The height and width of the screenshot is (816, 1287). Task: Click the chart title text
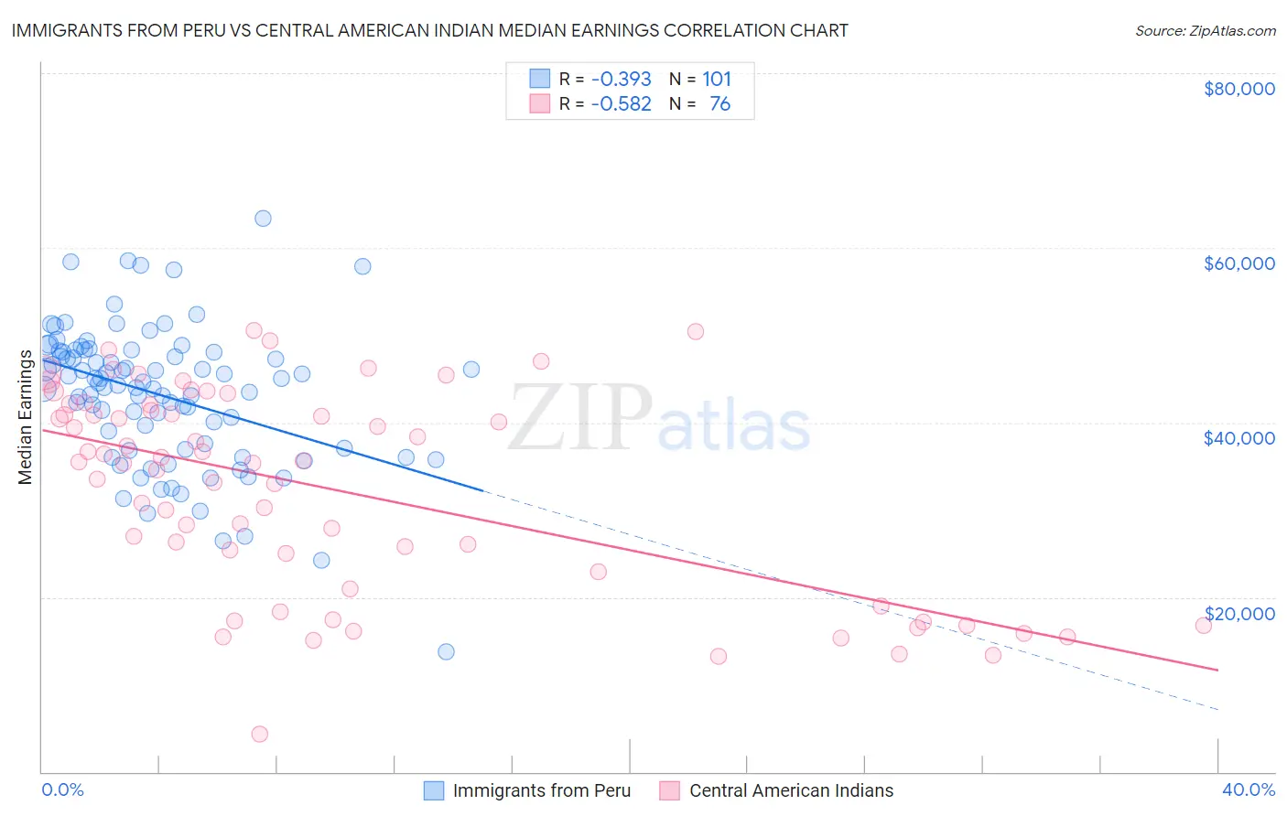pos(429,30)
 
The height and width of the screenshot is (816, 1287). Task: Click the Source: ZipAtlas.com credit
pos(1205,31)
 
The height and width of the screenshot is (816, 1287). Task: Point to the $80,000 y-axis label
pos(1238,89)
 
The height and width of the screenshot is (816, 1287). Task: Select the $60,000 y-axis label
pos(1238,263)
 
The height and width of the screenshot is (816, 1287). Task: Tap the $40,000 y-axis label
pos(1238,438)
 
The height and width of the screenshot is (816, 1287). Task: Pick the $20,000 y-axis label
pos(1238,613)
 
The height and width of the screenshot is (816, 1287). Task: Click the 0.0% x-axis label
pos(62,789)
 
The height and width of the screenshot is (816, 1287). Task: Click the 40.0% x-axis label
pos(1248,789)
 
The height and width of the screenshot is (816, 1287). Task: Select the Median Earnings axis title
pos(26,417)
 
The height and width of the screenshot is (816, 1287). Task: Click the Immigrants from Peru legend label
pos(541,790)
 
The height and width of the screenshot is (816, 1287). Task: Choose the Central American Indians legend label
pos(791,790)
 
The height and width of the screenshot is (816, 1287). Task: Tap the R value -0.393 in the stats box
pos(621,80)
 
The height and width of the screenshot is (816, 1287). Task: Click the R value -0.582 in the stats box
pos(621,104)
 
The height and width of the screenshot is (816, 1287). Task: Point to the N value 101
pos(717,80)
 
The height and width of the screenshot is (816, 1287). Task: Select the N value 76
pos(719,104)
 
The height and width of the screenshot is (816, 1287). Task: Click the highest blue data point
pos(263,219)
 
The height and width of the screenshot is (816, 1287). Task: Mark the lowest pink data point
pos(260,734)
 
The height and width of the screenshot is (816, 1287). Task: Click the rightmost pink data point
pos(1204,626)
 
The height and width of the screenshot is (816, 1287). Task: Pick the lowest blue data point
pos(446,651)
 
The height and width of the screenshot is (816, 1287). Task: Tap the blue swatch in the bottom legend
pos(434,790)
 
